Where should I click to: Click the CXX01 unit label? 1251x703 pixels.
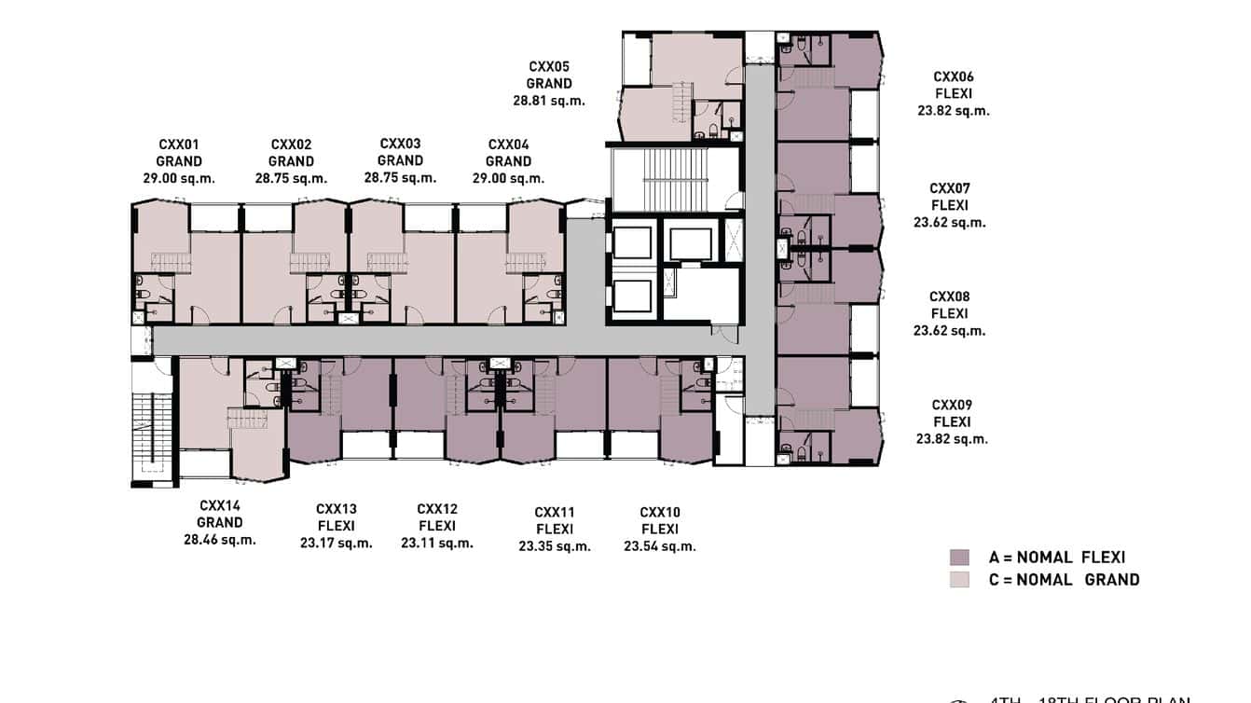[x=178, y=145]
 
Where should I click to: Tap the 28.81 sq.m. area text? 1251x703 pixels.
[x=549, y=101]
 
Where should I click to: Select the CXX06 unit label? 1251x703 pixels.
[x=953, y=76]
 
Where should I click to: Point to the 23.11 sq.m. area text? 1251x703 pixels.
[x=436, y=543]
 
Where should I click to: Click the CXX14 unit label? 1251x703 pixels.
[x=220, y=505]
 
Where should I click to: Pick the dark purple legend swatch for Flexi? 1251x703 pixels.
[x=959, y=558]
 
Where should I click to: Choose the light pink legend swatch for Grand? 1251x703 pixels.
[x=959, y=579]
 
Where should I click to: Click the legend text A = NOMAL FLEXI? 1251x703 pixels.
[x=1057, y=558]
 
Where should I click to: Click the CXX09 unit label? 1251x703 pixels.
[x=952, y=405]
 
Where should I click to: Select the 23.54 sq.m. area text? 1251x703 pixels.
[x=660, y=546]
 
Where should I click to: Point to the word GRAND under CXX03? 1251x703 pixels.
[x=400, y=160]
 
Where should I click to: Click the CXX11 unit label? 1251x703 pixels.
[x=555, y=512]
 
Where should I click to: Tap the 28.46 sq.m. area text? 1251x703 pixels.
[x=220, y=539]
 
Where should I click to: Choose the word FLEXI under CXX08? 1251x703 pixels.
[x=949, y=313]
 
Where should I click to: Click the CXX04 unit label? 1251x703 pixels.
[x=508, y=145]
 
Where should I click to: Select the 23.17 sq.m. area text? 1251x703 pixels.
[x=336, y=543]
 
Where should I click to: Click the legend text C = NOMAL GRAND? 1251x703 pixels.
[x=1064, y=579]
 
